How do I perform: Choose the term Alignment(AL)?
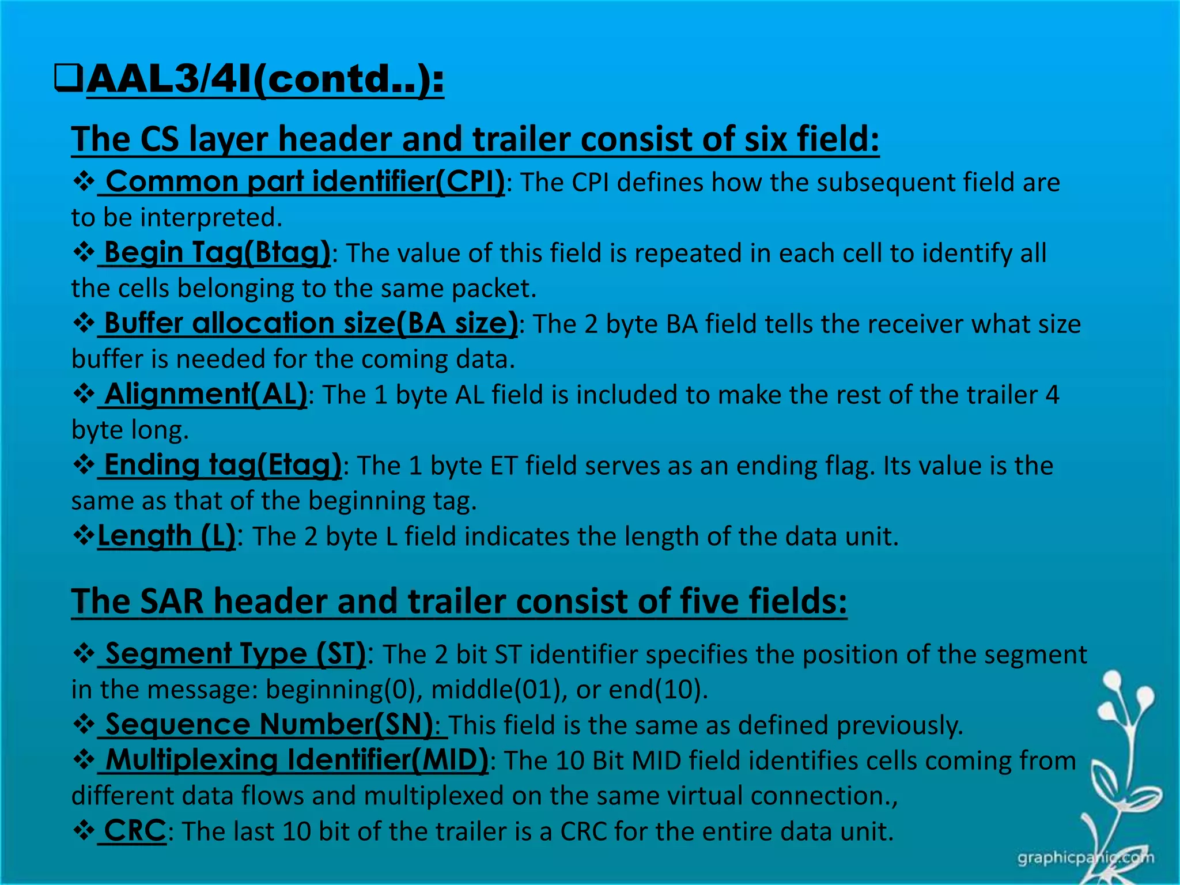pyautogui.click(x=205, y=395)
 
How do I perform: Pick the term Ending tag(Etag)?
pyautogui.click(x=222, y=466)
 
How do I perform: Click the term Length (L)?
pyautogui.click(x=167, y=536)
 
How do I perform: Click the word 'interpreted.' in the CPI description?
pyautogui.click(x=211, y=218)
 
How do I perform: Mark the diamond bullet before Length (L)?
pyautogui.click(x=84, y=536)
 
